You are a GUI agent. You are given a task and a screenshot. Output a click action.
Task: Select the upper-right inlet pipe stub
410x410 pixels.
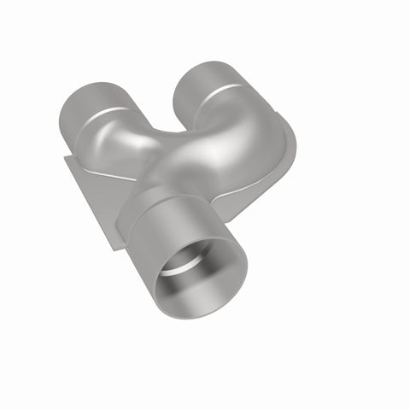[205, 80]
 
